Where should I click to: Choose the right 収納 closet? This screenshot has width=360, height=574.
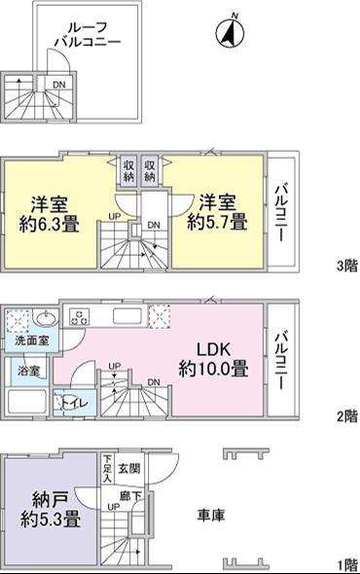tap(151, 171)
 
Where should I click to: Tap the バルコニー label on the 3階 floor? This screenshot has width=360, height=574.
tap(280, 213)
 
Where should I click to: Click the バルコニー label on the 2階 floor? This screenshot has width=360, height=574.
tap(280, 360)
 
